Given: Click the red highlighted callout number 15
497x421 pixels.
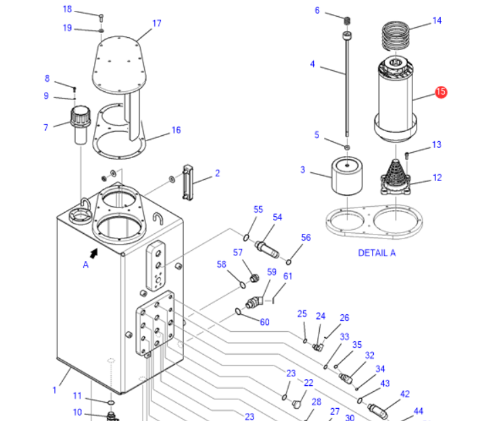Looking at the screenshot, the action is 441,92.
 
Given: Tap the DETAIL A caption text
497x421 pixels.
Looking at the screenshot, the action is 377,253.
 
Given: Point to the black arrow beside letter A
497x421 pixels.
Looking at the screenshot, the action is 93,253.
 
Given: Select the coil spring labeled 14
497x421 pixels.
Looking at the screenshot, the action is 395,36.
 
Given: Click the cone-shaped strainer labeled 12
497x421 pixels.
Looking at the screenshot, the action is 396,178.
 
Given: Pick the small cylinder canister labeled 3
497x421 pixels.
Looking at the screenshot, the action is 347,177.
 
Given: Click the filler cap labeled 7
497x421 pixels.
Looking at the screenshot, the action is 80,126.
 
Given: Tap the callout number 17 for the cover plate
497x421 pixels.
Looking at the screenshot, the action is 157,24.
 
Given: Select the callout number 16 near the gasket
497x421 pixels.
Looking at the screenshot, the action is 176,130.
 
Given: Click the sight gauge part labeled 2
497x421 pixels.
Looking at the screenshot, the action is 188,182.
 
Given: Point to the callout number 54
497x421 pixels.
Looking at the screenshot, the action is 277,217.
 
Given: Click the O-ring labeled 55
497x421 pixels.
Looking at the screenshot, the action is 246,237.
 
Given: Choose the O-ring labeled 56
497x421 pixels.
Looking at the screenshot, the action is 289,262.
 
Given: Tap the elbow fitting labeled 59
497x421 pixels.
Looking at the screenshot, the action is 254,302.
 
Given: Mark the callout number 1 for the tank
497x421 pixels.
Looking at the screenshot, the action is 55,390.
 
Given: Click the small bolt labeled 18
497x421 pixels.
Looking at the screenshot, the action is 101,17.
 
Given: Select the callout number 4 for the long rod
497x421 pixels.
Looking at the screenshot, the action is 312,64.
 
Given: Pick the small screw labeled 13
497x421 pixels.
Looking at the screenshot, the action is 407,155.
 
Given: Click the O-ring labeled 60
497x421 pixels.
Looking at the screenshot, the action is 239,312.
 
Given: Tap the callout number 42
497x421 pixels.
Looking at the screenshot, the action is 405,394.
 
